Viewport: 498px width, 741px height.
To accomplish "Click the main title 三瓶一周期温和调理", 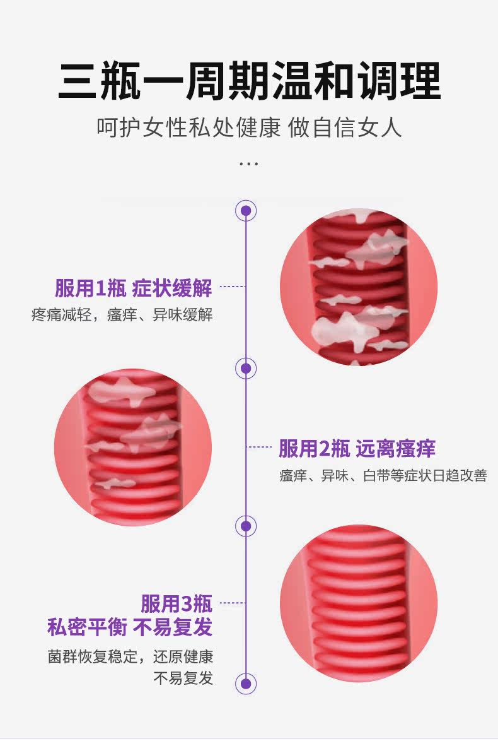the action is pyautogui.click(x=249, y=81).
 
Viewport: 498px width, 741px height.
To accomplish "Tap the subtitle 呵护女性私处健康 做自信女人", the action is pyautogui.click(x=249, y=127).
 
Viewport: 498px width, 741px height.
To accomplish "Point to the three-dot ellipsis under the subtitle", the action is pyautogui.click(x=249, y=164).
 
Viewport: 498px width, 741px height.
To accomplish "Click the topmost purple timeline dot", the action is pyautogui.click(x=246, y=210).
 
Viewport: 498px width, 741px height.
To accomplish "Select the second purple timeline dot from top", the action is pyautogui.click(x=246, y=368).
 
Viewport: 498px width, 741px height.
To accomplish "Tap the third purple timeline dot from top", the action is pyautogui.click(x=246, y=526).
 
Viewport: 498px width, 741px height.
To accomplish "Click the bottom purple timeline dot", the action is pyautogui.click(x=246, y=684).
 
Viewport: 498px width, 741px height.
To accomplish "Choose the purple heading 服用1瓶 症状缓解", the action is pyautogui.click(x=133, y=288).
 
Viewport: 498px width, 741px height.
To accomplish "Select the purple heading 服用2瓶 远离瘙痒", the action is pyautogui.click(x=357, y=449).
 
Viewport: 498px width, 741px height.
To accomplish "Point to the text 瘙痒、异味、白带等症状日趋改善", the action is pyautogui.click(x=383, y=476).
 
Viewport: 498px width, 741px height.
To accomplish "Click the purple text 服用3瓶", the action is pyautogui.click(x=177, y=603).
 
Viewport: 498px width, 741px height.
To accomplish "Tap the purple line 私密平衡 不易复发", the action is pyautogui.click(x=130, y=627).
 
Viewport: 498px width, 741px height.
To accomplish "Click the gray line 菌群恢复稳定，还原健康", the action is pyautogui.click(x=130, y=656).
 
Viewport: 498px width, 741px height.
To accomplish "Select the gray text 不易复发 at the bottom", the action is pyautogui.click(x=183, y=679).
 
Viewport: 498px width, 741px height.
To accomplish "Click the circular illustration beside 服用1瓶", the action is pyautogui.click(x=358, y=288).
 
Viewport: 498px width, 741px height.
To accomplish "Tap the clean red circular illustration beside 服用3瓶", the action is pyautogui.click(x=358, y=603).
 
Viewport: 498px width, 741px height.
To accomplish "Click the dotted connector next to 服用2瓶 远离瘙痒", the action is pyautogui.click(x=259, y=448).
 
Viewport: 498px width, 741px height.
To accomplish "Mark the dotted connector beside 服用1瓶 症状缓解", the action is pyautogui.click(x=231, y=287).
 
